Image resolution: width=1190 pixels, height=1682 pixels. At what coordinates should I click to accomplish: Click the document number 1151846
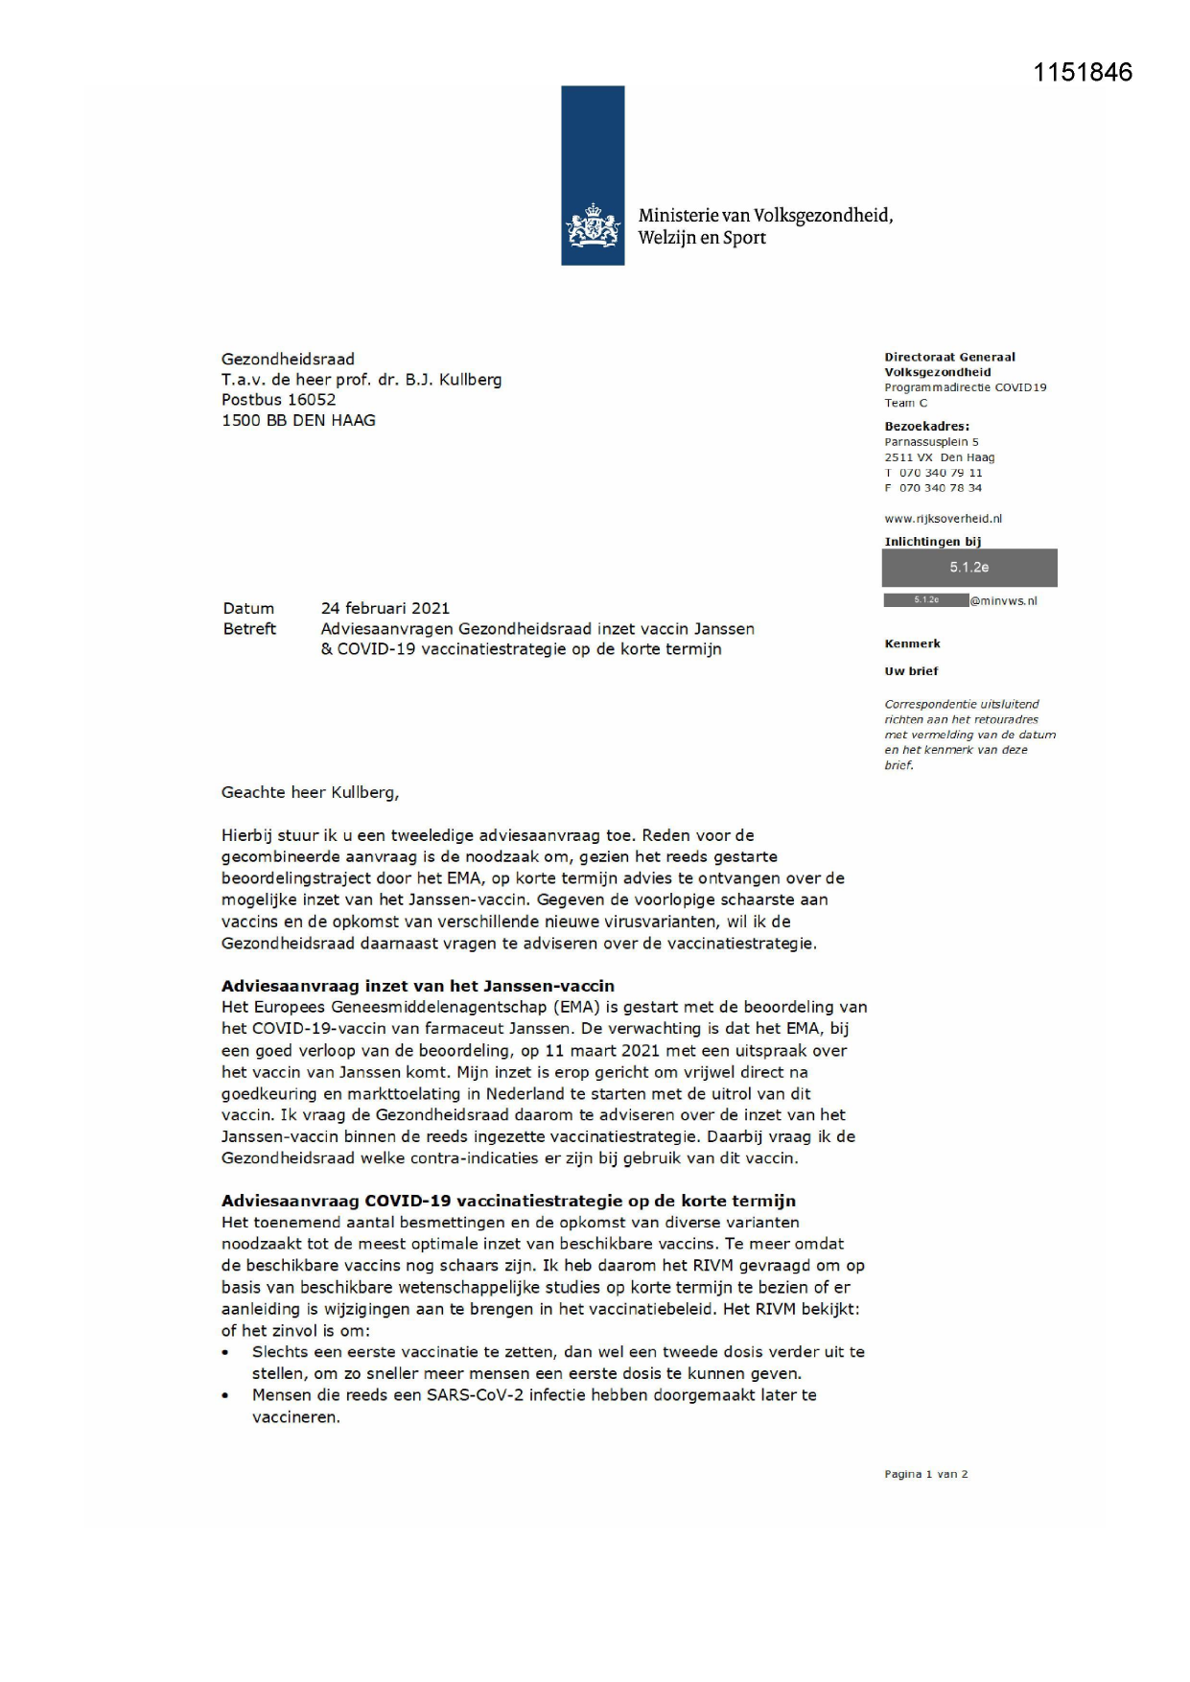[1083, 73]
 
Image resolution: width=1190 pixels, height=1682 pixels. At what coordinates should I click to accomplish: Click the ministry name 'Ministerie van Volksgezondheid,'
[765, 215]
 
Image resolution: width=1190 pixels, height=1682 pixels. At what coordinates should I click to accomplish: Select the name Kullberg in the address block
[470, 380]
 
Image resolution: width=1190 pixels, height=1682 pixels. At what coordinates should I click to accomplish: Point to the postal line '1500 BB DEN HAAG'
[298, 420]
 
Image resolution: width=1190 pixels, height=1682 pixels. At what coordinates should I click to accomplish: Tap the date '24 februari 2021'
[385, 608]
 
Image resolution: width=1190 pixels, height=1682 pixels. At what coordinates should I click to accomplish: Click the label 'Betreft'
[249, 629]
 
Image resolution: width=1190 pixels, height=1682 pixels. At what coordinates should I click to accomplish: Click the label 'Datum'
[248, 608]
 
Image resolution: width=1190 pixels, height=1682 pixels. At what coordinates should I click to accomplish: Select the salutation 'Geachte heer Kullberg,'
[310, 792]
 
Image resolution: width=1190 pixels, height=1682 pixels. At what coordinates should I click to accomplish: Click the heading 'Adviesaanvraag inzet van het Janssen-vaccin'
[417, 986]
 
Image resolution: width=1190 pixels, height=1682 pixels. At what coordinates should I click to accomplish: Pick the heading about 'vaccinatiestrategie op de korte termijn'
[508, 1201]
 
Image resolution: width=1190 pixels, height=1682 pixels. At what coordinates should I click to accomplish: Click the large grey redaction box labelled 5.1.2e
[969, 568]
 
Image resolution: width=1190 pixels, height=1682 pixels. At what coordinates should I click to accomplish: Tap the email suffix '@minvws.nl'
[1003, 601]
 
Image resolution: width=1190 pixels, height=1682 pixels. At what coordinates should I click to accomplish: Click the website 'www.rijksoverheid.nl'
[943, 519]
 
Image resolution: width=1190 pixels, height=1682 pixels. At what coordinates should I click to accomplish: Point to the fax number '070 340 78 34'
[940, 488]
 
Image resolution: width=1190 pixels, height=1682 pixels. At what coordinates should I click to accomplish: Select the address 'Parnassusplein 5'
[931, 442]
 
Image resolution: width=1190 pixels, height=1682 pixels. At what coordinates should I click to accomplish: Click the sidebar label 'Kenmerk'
[912, 643]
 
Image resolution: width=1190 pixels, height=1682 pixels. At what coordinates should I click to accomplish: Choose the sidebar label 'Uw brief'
[911, 671]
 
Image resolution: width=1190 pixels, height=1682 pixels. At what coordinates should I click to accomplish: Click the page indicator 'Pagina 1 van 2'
[925, 1474]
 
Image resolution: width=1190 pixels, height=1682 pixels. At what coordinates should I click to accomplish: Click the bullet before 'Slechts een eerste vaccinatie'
[226, 1353]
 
